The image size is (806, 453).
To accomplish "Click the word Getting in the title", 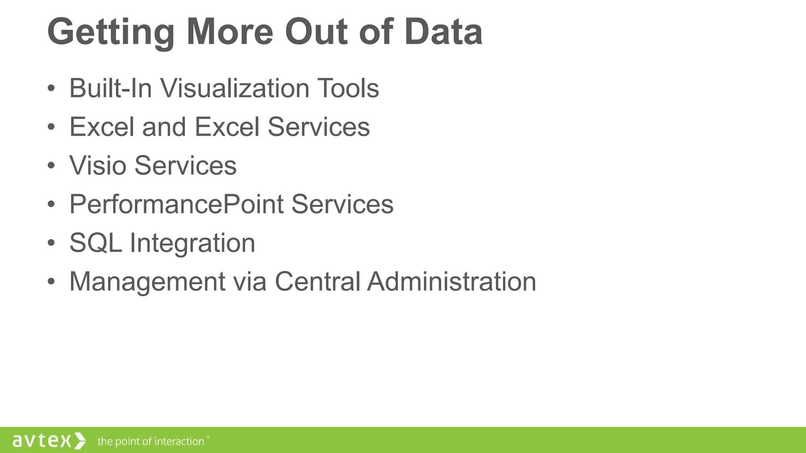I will [x=111, y=32].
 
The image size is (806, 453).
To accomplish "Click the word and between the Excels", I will [x=164, y=127].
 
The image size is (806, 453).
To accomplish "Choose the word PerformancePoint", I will [x=177, y=204].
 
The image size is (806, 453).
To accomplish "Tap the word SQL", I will [x=96, y=243].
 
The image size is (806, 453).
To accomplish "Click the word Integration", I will [x=192, y=243].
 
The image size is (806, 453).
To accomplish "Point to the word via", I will [x=250, y=282].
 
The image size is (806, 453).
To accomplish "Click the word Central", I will [x=317, y=282].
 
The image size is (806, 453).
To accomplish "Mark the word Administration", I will [x=451, y=282].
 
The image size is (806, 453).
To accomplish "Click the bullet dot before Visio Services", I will [x=51, y=166].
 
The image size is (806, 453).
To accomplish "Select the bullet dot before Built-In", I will [x=51, y=88].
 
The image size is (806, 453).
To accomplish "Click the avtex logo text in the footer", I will [x=42, y=441].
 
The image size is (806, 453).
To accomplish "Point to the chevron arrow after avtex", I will [x=80, y=441].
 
